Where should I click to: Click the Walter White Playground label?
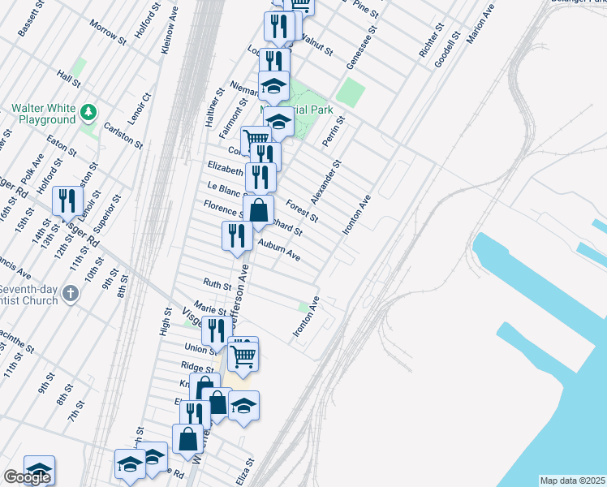[42, 114]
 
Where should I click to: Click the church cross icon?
[71, 293]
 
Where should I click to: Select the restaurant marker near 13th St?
[66, 202]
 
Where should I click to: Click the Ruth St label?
[217, 284]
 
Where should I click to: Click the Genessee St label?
[355, 54]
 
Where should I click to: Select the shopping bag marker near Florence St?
[258, 211]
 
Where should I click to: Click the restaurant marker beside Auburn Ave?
[236, 237]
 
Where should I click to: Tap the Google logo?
[27, 477]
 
